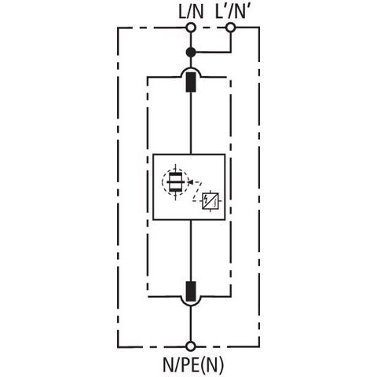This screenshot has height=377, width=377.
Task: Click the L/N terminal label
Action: click(x=191, y=12)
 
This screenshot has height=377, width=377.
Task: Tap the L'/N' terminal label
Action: click(x=230, y=12)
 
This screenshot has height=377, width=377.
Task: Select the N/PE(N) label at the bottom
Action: click(x=193, y=364)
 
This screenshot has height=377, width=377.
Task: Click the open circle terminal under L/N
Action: click(x=191, y=27)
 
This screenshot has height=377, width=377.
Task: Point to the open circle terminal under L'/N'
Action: click(x=230, y=27)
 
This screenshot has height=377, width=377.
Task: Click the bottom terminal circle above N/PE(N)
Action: click(x=191, y=346)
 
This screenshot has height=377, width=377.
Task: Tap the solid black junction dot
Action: click(x=191, y=53)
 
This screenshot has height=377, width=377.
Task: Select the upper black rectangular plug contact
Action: click(x=191, y=82)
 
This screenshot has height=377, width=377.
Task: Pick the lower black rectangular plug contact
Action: click(x=191, y=291)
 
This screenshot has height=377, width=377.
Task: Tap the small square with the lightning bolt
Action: click(x=210, y=201)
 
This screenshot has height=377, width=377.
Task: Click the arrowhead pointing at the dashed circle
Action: click(x=191, y=181)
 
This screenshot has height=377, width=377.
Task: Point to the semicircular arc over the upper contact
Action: click(x=191, y=68)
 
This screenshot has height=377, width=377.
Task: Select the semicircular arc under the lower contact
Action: click(x=191, y=306)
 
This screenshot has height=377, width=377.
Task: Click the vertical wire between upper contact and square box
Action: click(x=191, y=123)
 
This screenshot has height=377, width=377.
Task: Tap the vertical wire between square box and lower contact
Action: click(x=191, y=251)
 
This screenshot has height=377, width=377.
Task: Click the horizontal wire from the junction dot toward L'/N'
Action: click(x=213, y=53)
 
